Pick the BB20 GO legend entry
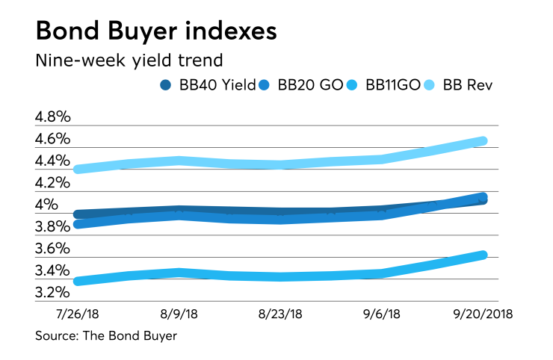[x=311, y=84]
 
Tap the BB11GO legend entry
[x=396, y=84]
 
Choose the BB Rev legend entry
[x=469, y=84]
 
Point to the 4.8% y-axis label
[x=53, y=117]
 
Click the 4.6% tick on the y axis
[x=53, y=139]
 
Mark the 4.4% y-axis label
[x=53, y=161]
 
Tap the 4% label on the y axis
[x=47, y=205]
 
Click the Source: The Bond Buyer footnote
[x=106, y=336]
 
